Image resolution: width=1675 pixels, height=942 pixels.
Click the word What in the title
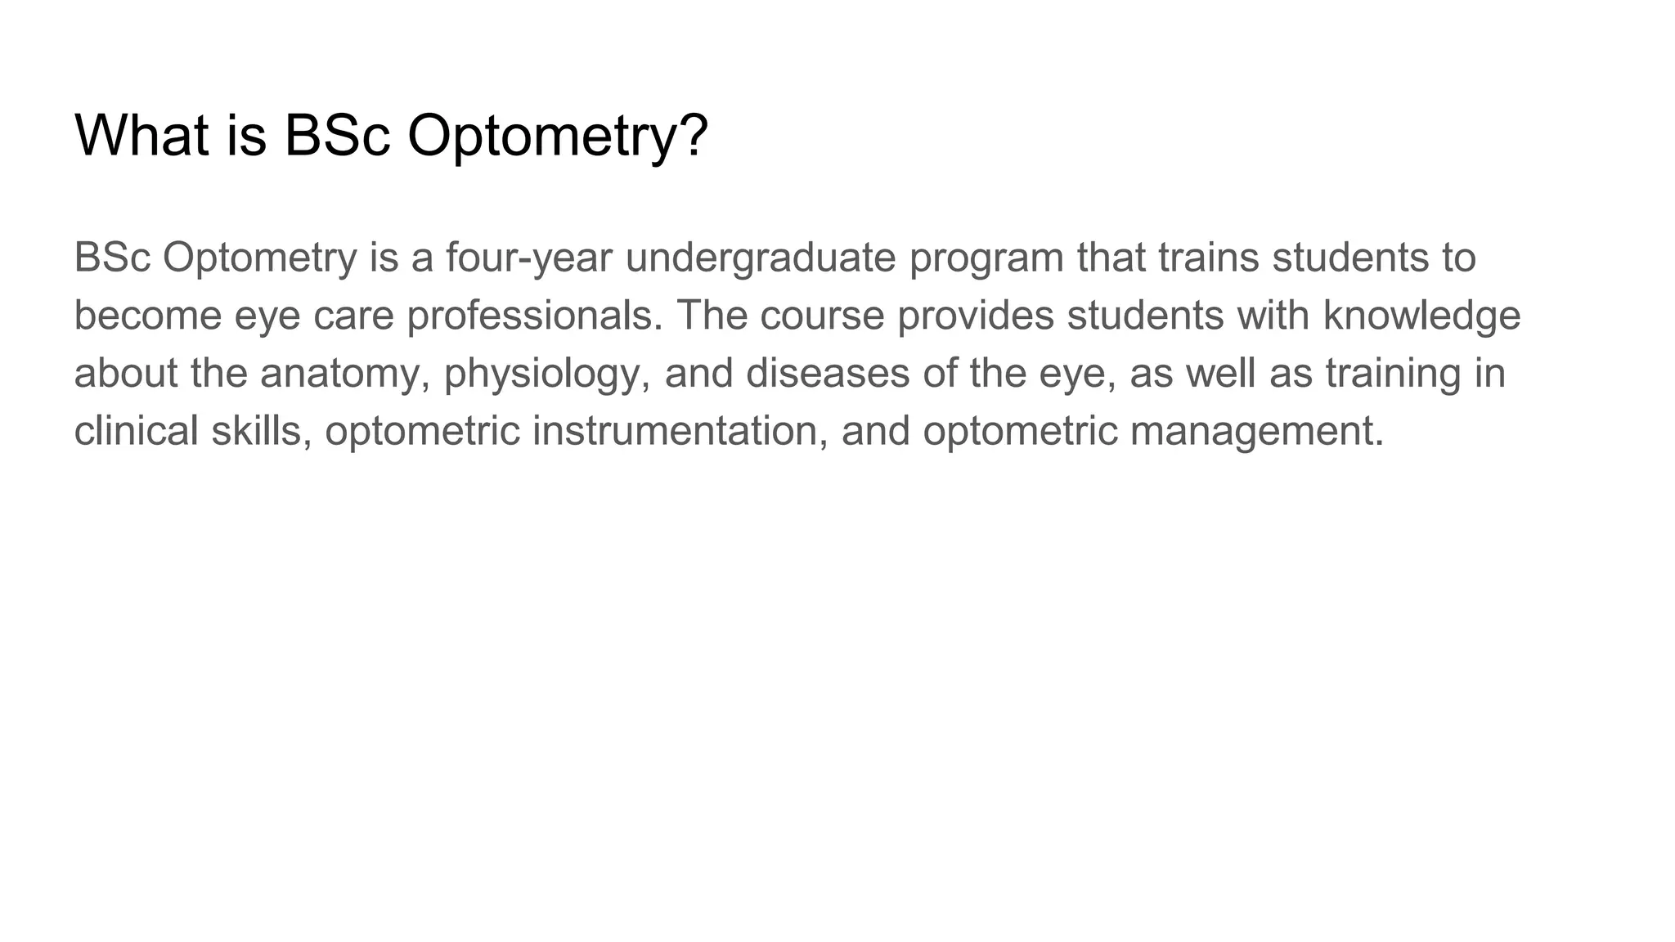coord(141,135)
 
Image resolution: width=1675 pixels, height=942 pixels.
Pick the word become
coord(147,316)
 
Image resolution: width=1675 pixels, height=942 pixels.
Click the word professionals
coord(535,316)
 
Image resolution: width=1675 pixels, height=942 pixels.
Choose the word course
coord(822,316)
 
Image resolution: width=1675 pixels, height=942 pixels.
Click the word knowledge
coord(1422,316)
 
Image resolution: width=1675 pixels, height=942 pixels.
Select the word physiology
coord(547,375)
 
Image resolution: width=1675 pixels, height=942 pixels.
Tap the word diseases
coord(828,373)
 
